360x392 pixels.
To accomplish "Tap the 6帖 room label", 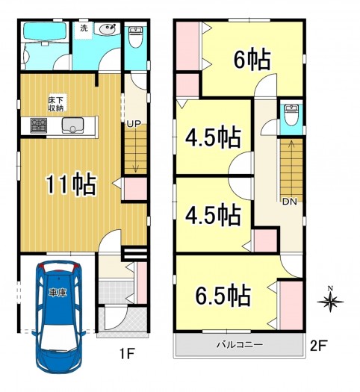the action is tap(252, 60).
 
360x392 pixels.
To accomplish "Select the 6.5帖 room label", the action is tap(223, 296).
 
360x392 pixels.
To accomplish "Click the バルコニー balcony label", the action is tap(240, 345).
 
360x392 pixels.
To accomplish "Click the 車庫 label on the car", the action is tap(58, 293).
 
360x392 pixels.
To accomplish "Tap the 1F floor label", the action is tap(127, 354).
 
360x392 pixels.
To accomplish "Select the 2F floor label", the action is tap(318, 346).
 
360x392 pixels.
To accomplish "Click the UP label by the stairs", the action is tap(134, 123).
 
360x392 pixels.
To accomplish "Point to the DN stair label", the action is tap(290, 202).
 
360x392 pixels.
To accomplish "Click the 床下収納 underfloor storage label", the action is tap(56, 104).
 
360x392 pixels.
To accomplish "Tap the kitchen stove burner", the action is tap(39, 125).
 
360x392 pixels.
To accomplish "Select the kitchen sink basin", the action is tap(72, 125).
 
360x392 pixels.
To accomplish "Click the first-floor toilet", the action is tap(136, 37).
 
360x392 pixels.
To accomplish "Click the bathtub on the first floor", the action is tap(46, 31).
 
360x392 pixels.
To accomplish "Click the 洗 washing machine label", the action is tap(84, 28).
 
